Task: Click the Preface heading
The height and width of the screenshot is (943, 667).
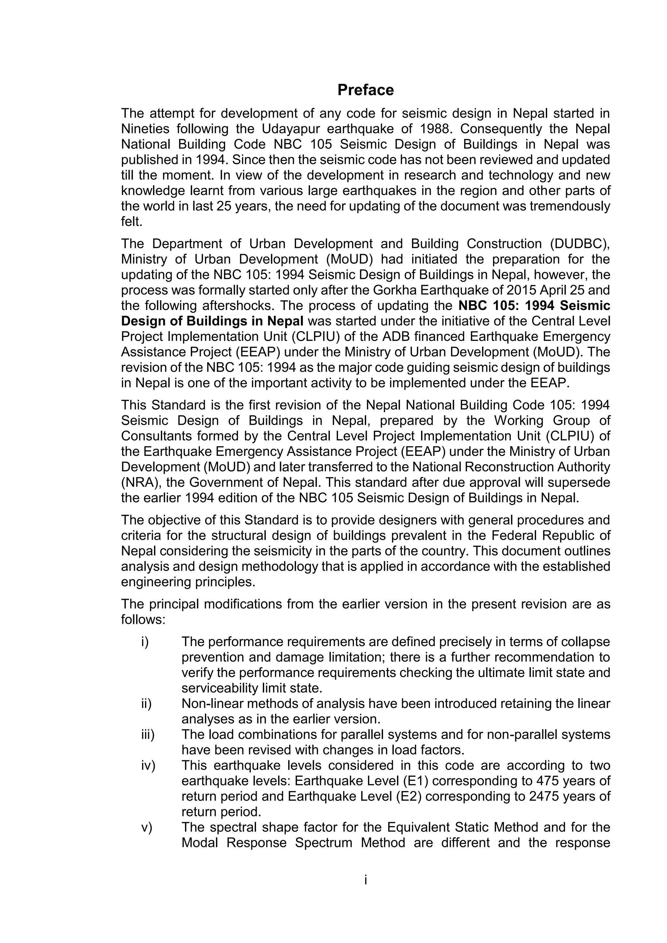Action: (x=365, y=90)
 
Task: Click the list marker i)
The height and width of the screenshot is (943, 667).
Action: (x=145, y=642)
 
